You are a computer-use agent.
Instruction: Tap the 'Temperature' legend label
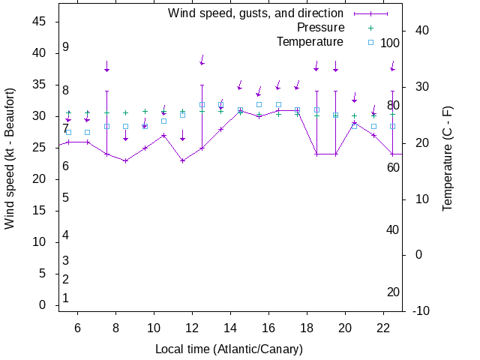tap(310, 42)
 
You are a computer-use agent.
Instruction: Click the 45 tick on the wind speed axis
tap(40, 22)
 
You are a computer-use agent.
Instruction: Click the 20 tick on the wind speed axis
tap(40, 179)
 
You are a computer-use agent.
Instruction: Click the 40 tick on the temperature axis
tap(421, 30)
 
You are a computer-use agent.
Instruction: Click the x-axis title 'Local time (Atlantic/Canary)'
tap(229, 349)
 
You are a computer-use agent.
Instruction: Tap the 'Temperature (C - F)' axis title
tap(448, 157)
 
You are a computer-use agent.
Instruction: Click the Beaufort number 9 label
tap(66, 47)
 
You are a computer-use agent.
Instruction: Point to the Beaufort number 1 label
tap(66, 298)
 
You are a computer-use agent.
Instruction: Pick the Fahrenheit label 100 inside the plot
tap(390, 43)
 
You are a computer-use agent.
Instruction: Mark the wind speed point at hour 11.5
tap(182, 160)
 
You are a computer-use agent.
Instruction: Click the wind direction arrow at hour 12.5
tap(202, 60)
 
